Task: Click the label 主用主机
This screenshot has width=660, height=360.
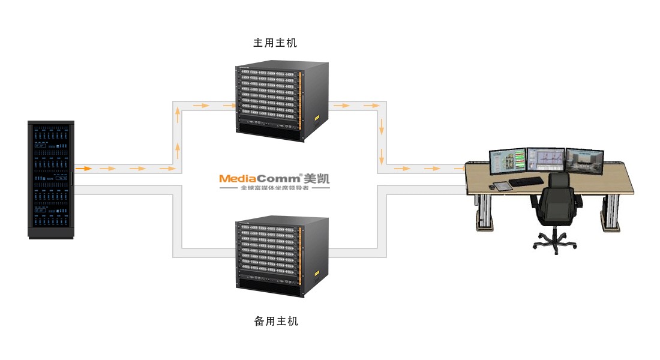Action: [275, 43]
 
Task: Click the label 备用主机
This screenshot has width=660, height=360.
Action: [276, 322]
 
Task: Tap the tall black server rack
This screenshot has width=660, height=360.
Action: [50, 180]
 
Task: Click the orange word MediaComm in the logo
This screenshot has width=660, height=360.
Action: [260, 178]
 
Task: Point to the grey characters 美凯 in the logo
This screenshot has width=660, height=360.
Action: [317, 178]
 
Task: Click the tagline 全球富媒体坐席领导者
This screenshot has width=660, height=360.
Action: [274, 188]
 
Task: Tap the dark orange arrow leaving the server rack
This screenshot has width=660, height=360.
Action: [83, 169]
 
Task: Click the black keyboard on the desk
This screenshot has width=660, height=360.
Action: [526, 181]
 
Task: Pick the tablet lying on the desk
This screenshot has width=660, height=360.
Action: [503, 186]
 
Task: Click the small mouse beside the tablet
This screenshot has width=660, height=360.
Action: [491, 187]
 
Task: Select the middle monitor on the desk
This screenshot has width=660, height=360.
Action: [545, 161]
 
